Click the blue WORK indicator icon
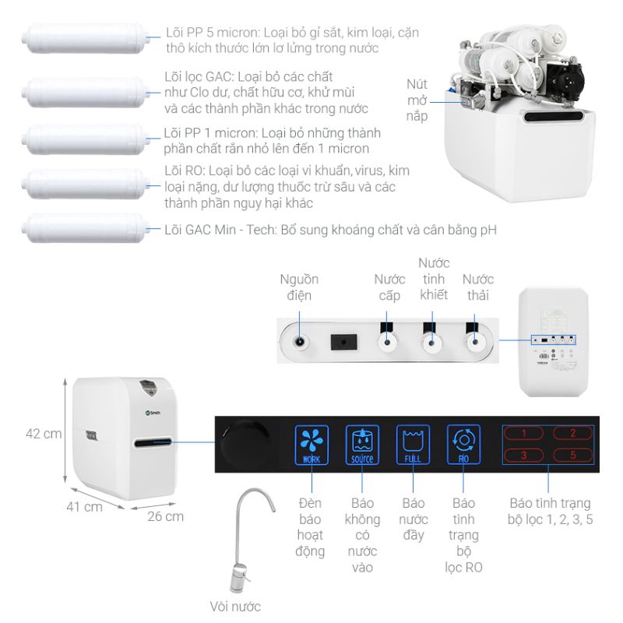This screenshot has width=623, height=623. coord(311,445)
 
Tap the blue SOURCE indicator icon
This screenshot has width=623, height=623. coord(362,445)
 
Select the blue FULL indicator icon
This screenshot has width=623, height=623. coord(413,445)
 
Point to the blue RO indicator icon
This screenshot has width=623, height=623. coord(463,445)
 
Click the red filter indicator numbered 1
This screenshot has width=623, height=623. coord(523,433)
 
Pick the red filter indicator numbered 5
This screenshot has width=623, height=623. coord(573,455)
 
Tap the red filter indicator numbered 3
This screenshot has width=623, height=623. coord(523,455)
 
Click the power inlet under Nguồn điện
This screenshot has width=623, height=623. coord(300,342)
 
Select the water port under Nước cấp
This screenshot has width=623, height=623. coord(387,342)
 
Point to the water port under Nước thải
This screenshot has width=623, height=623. coord(475,342)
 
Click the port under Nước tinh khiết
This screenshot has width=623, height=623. coord(431,342)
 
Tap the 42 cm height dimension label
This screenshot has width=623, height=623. coord(44,434)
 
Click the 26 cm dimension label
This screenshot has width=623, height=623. coord(165,516)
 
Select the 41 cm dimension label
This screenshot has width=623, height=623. coord(84,507)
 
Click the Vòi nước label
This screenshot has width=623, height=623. coord(235,607)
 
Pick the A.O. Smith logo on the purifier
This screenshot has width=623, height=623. coord(153,413)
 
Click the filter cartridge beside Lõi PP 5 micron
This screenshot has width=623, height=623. coord(86,38)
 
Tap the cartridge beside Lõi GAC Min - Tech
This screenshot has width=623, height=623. coord(86,228)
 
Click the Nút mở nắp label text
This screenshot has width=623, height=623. coord(417,100)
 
